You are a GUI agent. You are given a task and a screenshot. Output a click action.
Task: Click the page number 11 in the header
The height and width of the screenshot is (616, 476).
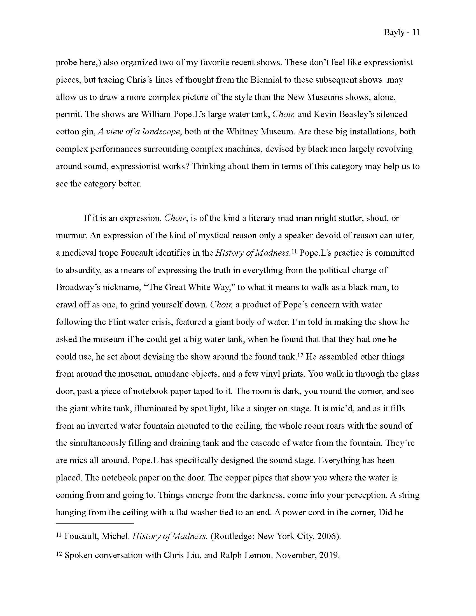pyautogui.click(x=416, y=32)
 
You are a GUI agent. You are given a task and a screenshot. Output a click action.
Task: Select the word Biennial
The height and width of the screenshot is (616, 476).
pyautogui.click(x=266, y=80)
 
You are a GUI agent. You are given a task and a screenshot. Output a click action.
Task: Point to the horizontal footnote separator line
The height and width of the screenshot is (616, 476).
pyautogui.click(x=94, y=524)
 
